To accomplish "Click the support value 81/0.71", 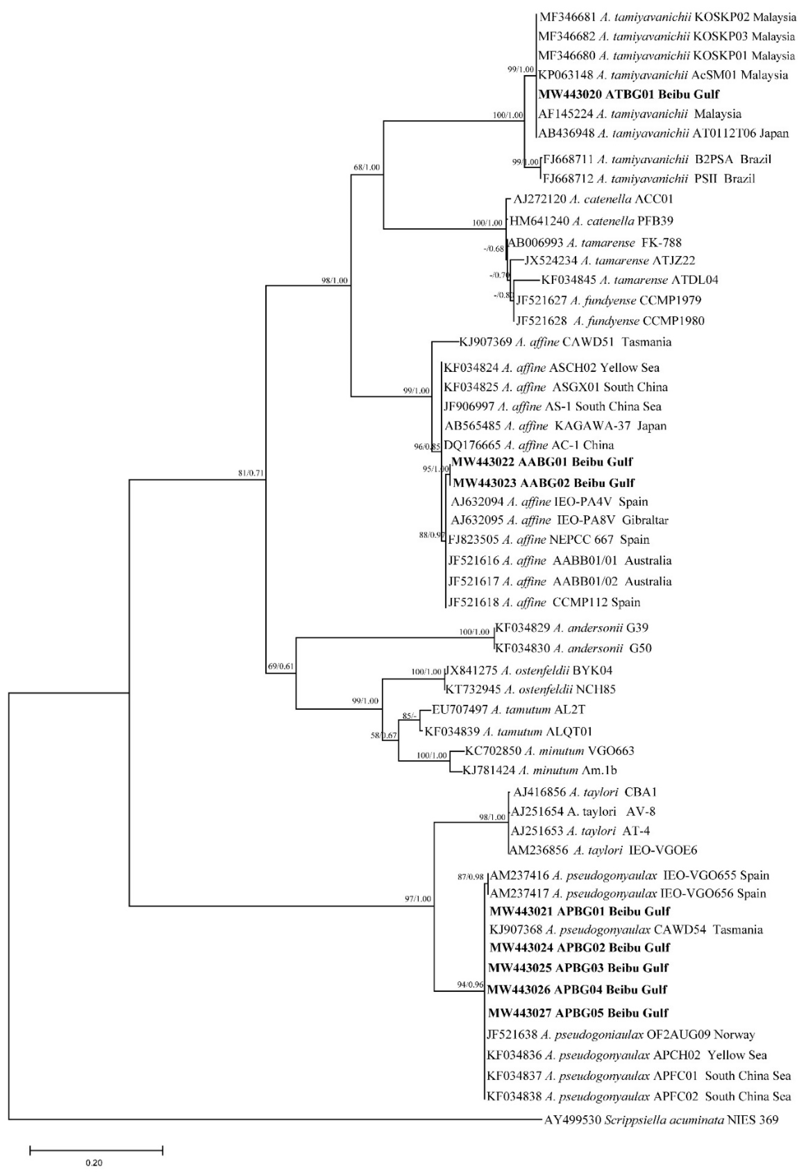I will pos(252,473).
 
